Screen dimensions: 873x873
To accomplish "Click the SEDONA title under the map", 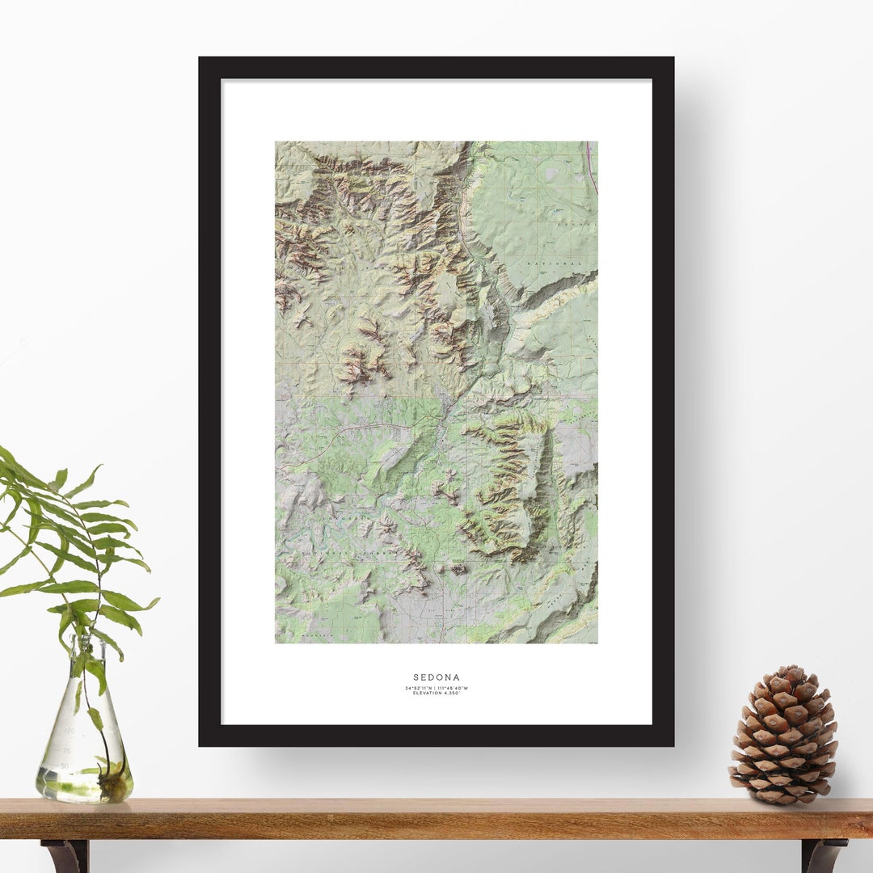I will click(x=436, y=677).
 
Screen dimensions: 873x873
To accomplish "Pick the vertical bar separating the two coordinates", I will click(x=436, y=688).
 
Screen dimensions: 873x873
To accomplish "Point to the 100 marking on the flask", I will click(x=70, y=730).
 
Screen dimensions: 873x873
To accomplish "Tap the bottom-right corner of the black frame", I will click(x=673, y=744).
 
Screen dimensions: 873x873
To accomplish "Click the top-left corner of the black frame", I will click(x=200, y=58).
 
